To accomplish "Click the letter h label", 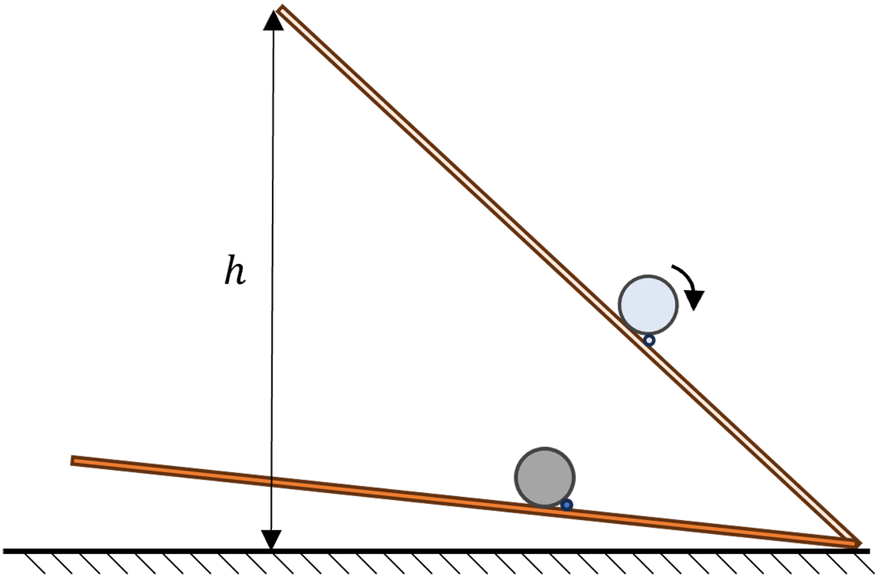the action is coord(235,270).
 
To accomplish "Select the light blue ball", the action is coord(648,305).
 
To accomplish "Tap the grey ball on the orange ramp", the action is coord(545,477).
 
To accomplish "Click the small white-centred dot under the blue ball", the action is coord(649,340).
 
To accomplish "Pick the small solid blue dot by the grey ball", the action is coord(566,505).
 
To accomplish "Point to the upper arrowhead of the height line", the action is coord(273,21).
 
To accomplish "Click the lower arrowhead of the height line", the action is coord(271,539).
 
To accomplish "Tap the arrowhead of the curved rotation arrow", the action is coord(695,300).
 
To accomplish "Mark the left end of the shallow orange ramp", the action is coord(72,461).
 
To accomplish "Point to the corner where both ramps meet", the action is coord(857,544).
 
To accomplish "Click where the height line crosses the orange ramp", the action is coord(271,483).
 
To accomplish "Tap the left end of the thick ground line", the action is coord(4,551).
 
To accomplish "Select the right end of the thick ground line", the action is coord(869,551).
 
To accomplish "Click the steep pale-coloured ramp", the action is coord(568,276).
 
